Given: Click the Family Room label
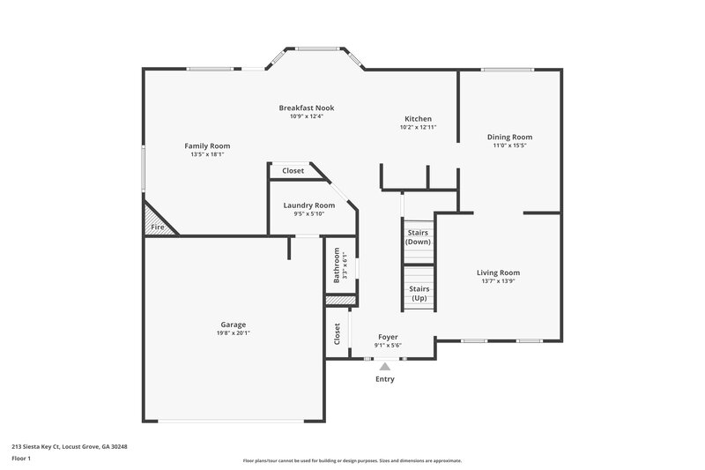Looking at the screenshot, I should pyautogui.click(x=207, y=145).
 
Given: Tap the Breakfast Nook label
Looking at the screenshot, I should pyautogui.click(x=307, y=108).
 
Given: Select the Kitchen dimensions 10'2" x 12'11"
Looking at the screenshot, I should pyautogui.click(x=418, y=127).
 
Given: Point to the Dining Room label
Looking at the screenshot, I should pyautogui.click(x=510, y=137).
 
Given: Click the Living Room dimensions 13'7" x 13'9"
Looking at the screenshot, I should pyautogui.click(x=499, y=281).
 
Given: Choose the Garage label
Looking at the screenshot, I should pyautogui.click(x=234, y=324).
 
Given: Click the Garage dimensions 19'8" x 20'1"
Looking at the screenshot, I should pyautogui.click(x=234, y=332).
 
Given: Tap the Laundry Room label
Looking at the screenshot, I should pyautogui.click(x=309, y=205).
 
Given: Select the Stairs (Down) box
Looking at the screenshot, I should pyautogui.click(x=418, y=237).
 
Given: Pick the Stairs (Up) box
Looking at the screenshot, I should pyautogui.click(x=419, y=293).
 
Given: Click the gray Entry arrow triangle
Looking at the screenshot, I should pyautogui.click(x=384, y=366).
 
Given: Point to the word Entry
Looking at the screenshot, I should pyautogui.click(x=385, y=379).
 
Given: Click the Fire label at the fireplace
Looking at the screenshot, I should pyautogui.click(x=157, y=228).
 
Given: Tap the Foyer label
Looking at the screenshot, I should pyautogui.click(x=388, y=337).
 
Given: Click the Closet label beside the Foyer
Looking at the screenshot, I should pyautogui.click(x=337, y=333).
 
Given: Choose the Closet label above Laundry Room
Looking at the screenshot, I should pyautogui.click(x=293, y=170).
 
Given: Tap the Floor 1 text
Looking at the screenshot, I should pyautogui.click(x=21, y=459).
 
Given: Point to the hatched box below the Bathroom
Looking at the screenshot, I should pyautogui.click(x=339, y=301).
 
